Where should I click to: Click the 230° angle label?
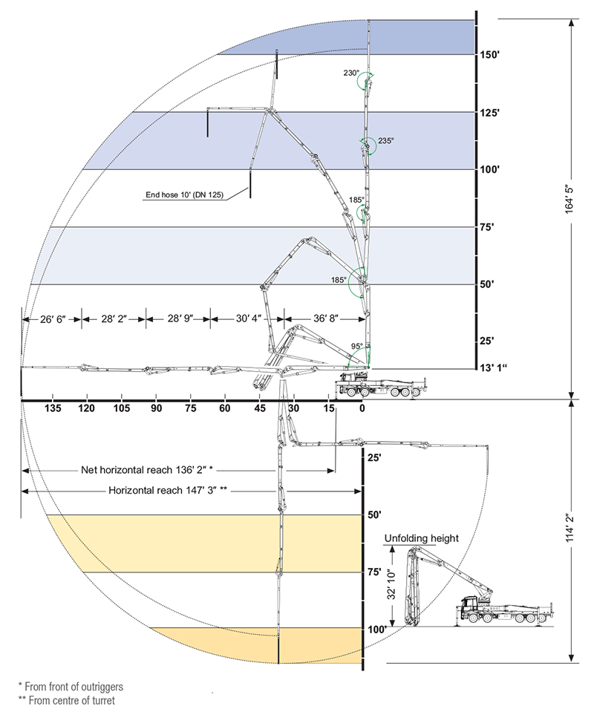351,73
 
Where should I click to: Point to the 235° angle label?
385,140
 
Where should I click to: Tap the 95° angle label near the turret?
356,347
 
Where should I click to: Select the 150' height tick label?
489,55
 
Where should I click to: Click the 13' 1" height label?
493,367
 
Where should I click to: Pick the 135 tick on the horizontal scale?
53,408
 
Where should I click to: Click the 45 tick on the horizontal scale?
259,408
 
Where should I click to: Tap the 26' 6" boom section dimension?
53,319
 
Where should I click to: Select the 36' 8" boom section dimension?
325,318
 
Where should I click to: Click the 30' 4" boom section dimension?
248,318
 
